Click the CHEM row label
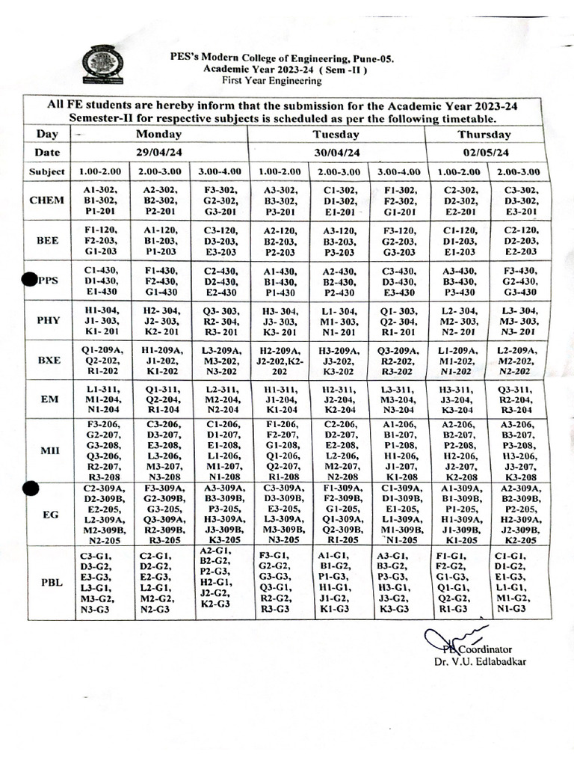point(46,200)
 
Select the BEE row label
point(46,240)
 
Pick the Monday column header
point(158,135)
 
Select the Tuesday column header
point(336,135)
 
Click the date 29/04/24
point(158,153)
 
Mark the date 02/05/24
point(486,153)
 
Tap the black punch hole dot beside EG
point(29,488)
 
